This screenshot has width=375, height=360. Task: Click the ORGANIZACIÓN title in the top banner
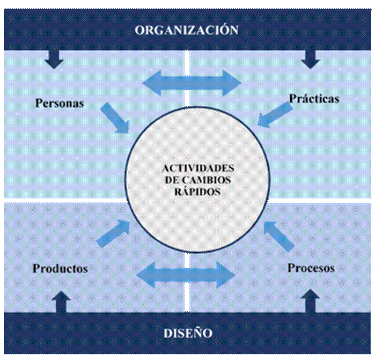[186, 30]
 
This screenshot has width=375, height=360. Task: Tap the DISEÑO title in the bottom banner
[188, 333]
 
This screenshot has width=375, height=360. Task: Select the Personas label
[59, 103]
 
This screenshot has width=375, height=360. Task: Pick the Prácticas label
[314, 99]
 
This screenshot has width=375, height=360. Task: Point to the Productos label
[60, 269]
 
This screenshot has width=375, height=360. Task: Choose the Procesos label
[311, 268]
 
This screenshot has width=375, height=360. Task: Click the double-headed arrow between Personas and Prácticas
[191, 83]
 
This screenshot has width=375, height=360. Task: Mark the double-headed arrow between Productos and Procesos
[188, 273]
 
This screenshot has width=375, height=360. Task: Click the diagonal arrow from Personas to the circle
[115, 117]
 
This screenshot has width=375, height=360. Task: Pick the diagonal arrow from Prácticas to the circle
[276, 115]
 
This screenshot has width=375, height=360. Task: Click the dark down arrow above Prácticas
[310, 59]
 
